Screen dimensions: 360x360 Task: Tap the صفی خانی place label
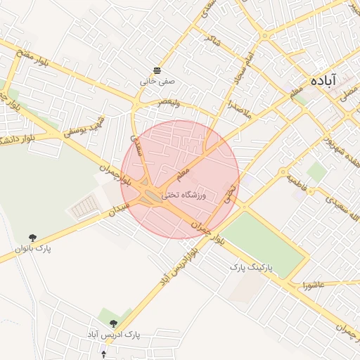point(156,82)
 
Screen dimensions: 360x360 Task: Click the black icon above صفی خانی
point(156,70)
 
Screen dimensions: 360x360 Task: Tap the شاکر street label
point(212,42)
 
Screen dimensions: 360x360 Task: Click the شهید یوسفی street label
point(84,125)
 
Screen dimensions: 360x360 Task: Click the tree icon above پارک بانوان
point(33,238)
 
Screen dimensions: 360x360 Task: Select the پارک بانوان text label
point(33,249)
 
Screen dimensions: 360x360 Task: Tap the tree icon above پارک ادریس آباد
point(113,323)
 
